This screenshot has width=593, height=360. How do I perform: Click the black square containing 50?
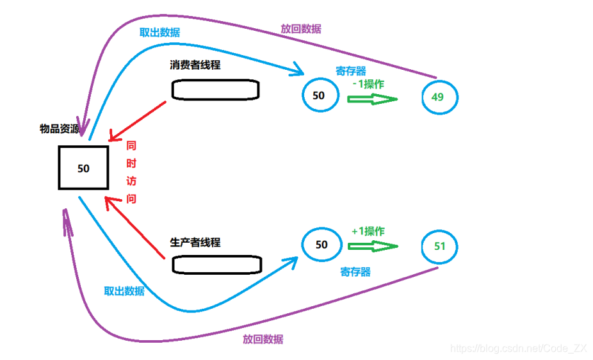coord(83,168)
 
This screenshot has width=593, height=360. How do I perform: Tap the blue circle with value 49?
coord(440,97)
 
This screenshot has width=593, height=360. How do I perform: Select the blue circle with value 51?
coord(440,246)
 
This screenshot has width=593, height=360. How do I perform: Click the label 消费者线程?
coord(195,65)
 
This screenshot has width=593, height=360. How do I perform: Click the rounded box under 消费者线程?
coord(215,90)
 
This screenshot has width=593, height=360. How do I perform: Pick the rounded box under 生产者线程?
coord(217,263)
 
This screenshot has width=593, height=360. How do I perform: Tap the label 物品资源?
coord(60,129)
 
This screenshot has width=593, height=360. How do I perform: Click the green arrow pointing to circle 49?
coord(373,99)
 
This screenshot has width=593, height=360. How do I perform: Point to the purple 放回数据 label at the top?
coord(301,29)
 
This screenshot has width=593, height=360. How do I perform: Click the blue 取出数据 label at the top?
coord(159,33)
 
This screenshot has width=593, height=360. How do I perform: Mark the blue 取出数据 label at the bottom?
coord(124,291)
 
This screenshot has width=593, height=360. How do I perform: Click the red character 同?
coord(131,146)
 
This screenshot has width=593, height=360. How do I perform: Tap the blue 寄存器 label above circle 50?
coord(351,70)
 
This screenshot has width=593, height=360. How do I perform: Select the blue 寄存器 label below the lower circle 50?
coord(355,272)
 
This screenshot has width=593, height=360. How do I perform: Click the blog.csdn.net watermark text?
coord(519,348)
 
